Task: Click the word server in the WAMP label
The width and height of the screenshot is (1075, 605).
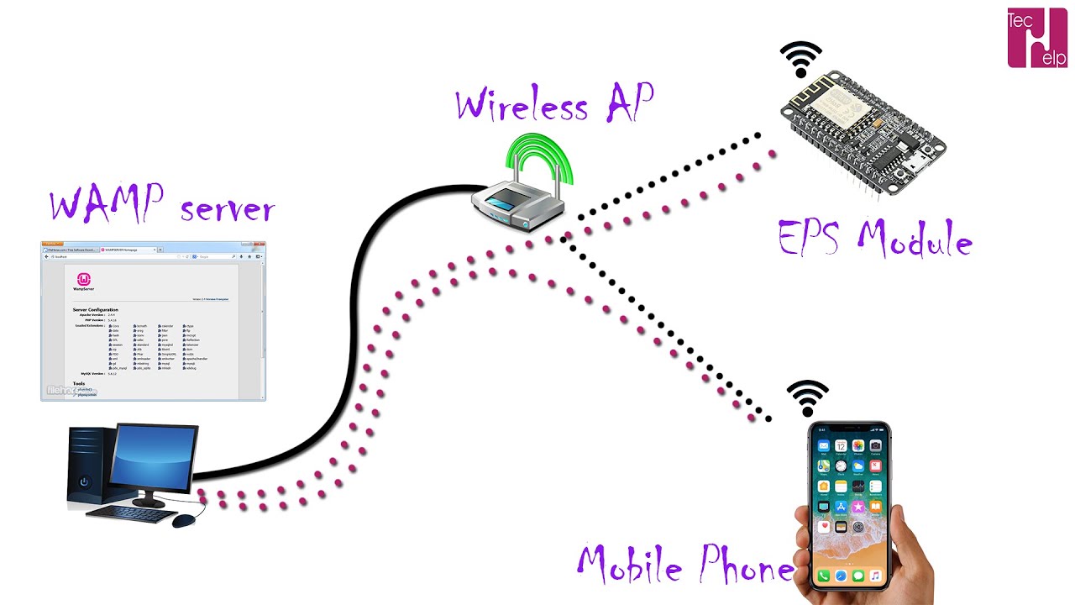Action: [x=227, y=208]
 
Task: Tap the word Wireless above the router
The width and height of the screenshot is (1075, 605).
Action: [x=521, y=106]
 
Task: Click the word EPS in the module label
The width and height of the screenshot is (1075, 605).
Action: [x=810, y=239]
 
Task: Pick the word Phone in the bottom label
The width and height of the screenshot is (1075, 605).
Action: [x=744, y=567]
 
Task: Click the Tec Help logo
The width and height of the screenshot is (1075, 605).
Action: [x=1036, y=38]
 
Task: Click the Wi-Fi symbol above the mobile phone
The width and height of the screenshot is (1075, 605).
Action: [x=807, y=397]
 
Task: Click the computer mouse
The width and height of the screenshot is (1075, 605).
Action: [x=184, y=521]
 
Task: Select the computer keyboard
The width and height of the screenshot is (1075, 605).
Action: [x=129, y=512]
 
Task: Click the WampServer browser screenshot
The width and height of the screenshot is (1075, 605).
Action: [x=153, y=320]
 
